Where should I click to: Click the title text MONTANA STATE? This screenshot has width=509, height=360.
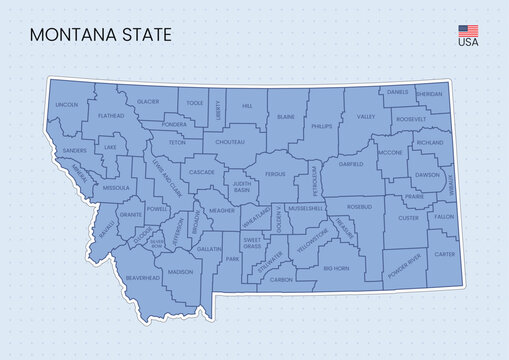pyautogui.click(x=100, y=34)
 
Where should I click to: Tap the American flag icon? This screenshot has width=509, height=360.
pyautogui.click(x=468, y=29)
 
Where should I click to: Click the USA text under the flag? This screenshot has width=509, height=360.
pyautogui.click(x=468, y=42)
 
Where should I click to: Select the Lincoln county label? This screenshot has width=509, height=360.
pyautogui.click(x=67, y=104)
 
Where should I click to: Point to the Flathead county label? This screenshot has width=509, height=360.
pyautogui.click(x=111, y=116)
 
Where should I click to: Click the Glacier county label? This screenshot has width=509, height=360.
pyautogui.click(x=148, y=102)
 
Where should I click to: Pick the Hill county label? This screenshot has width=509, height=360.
pyautogui.click(x=247, y=105)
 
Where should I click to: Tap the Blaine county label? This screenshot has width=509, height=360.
pyautogui.click(x=286, y=117)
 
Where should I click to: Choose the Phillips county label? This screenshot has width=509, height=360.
pyautogui.click(x=321, y=127)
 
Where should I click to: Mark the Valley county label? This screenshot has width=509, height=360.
pyautogui.click(x=365, y=117)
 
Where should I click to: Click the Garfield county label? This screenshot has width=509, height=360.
pyautogui.click(x=351, y=162)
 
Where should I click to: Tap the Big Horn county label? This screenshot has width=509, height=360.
pyautogui.click(x=336, y=268)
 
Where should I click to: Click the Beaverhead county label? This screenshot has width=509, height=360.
pyautogui.click(x=143, y=278)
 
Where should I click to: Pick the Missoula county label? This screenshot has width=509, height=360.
pyautogui.click(x=116, y=187)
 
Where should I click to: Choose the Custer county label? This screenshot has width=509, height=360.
pyautogui.click(x=408, y=217)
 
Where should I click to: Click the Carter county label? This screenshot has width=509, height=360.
pyautogui.click(x=444, y=254)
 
